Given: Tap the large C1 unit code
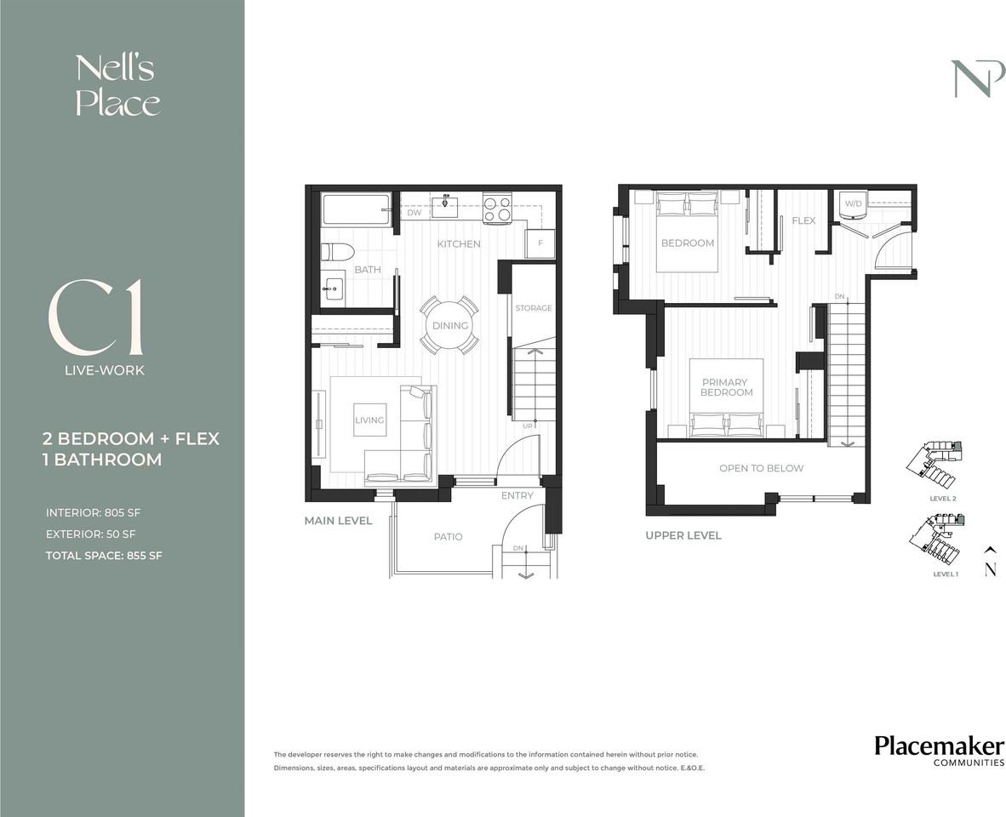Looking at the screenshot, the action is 95,318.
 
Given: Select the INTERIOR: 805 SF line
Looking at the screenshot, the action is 93,513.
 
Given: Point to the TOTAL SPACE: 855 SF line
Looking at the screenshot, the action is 104,556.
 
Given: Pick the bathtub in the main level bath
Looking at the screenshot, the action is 356,209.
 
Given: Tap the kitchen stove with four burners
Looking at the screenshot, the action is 496,209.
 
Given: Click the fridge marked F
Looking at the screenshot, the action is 540,243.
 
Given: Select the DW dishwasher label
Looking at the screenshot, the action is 414,213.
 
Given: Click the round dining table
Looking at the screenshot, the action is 449,325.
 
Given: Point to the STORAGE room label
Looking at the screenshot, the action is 533,308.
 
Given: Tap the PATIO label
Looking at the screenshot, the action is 448,537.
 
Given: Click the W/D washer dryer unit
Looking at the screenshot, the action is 854,204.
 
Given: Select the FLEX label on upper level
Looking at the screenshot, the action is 803,220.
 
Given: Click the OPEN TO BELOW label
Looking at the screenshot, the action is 761,468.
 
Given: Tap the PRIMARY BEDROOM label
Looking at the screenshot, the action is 726,387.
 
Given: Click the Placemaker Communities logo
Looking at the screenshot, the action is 940,751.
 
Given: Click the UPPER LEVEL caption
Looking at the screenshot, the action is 683,535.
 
